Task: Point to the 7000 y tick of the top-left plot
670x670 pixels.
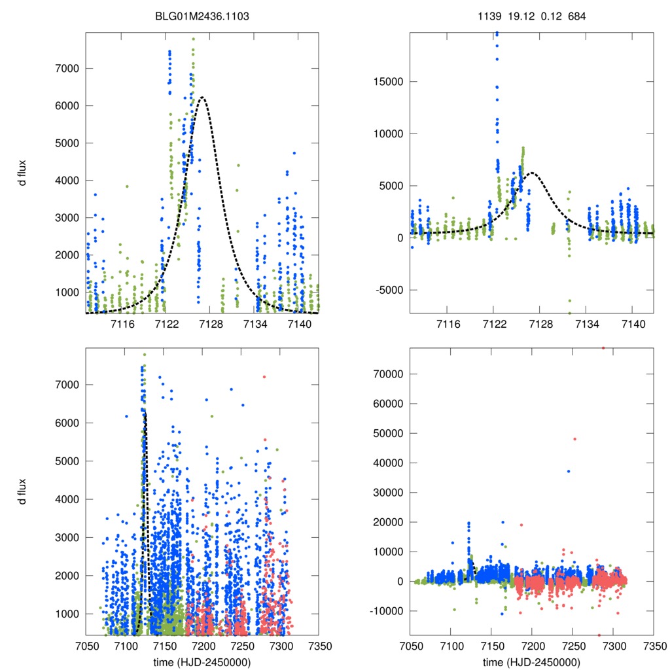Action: coord(65,68)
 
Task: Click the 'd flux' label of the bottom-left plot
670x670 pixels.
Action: coord(23,491)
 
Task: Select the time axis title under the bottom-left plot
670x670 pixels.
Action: coord(202,662)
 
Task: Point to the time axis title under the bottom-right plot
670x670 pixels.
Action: coord(531,662)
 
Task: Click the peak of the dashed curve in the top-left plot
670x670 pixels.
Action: coord(202,97)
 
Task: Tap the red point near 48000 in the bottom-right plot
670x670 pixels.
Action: coord(575,439)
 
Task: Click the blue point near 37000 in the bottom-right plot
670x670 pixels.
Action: coord(569,471)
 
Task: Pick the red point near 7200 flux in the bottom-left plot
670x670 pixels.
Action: coord(264,377)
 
